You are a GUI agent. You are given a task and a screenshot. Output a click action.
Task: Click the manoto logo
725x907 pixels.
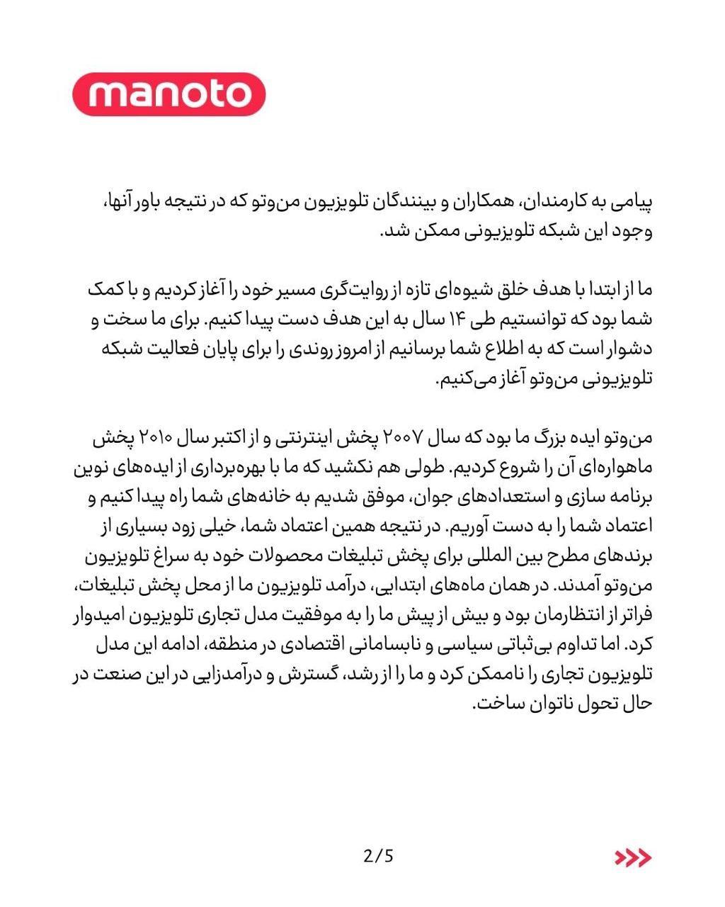[x=169, y=93]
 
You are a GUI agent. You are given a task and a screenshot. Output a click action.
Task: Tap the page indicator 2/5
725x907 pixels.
[x=378, y=856]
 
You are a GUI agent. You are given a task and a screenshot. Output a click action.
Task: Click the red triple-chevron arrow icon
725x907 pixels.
[x=632, y=857]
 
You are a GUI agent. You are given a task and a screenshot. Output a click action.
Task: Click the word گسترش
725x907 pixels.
[x=298, y=676]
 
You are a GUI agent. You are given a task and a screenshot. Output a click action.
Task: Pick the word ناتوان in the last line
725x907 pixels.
[x=550, y=706]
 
